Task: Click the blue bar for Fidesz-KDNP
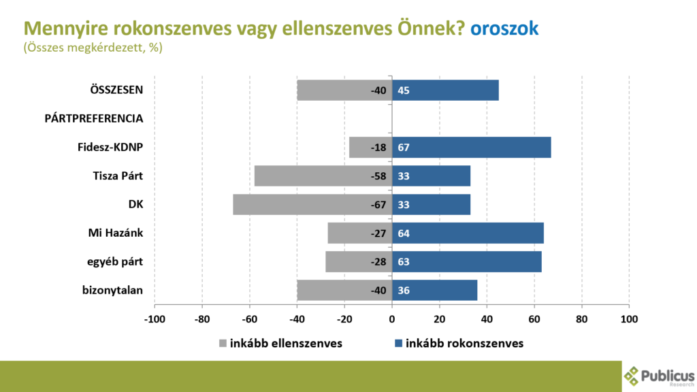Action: point(472,148)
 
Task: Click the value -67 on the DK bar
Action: point(378,205)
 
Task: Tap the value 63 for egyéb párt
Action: point(403,262)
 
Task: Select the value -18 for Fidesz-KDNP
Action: point(378,148)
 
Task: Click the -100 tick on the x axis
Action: point(155,318)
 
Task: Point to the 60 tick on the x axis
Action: point(534,318)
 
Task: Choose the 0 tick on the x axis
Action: point(392,318)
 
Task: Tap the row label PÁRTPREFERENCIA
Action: point(93,119)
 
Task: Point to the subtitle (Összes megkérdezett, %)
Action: point(93,48)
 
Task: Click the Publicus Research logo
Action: point(659,376)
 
